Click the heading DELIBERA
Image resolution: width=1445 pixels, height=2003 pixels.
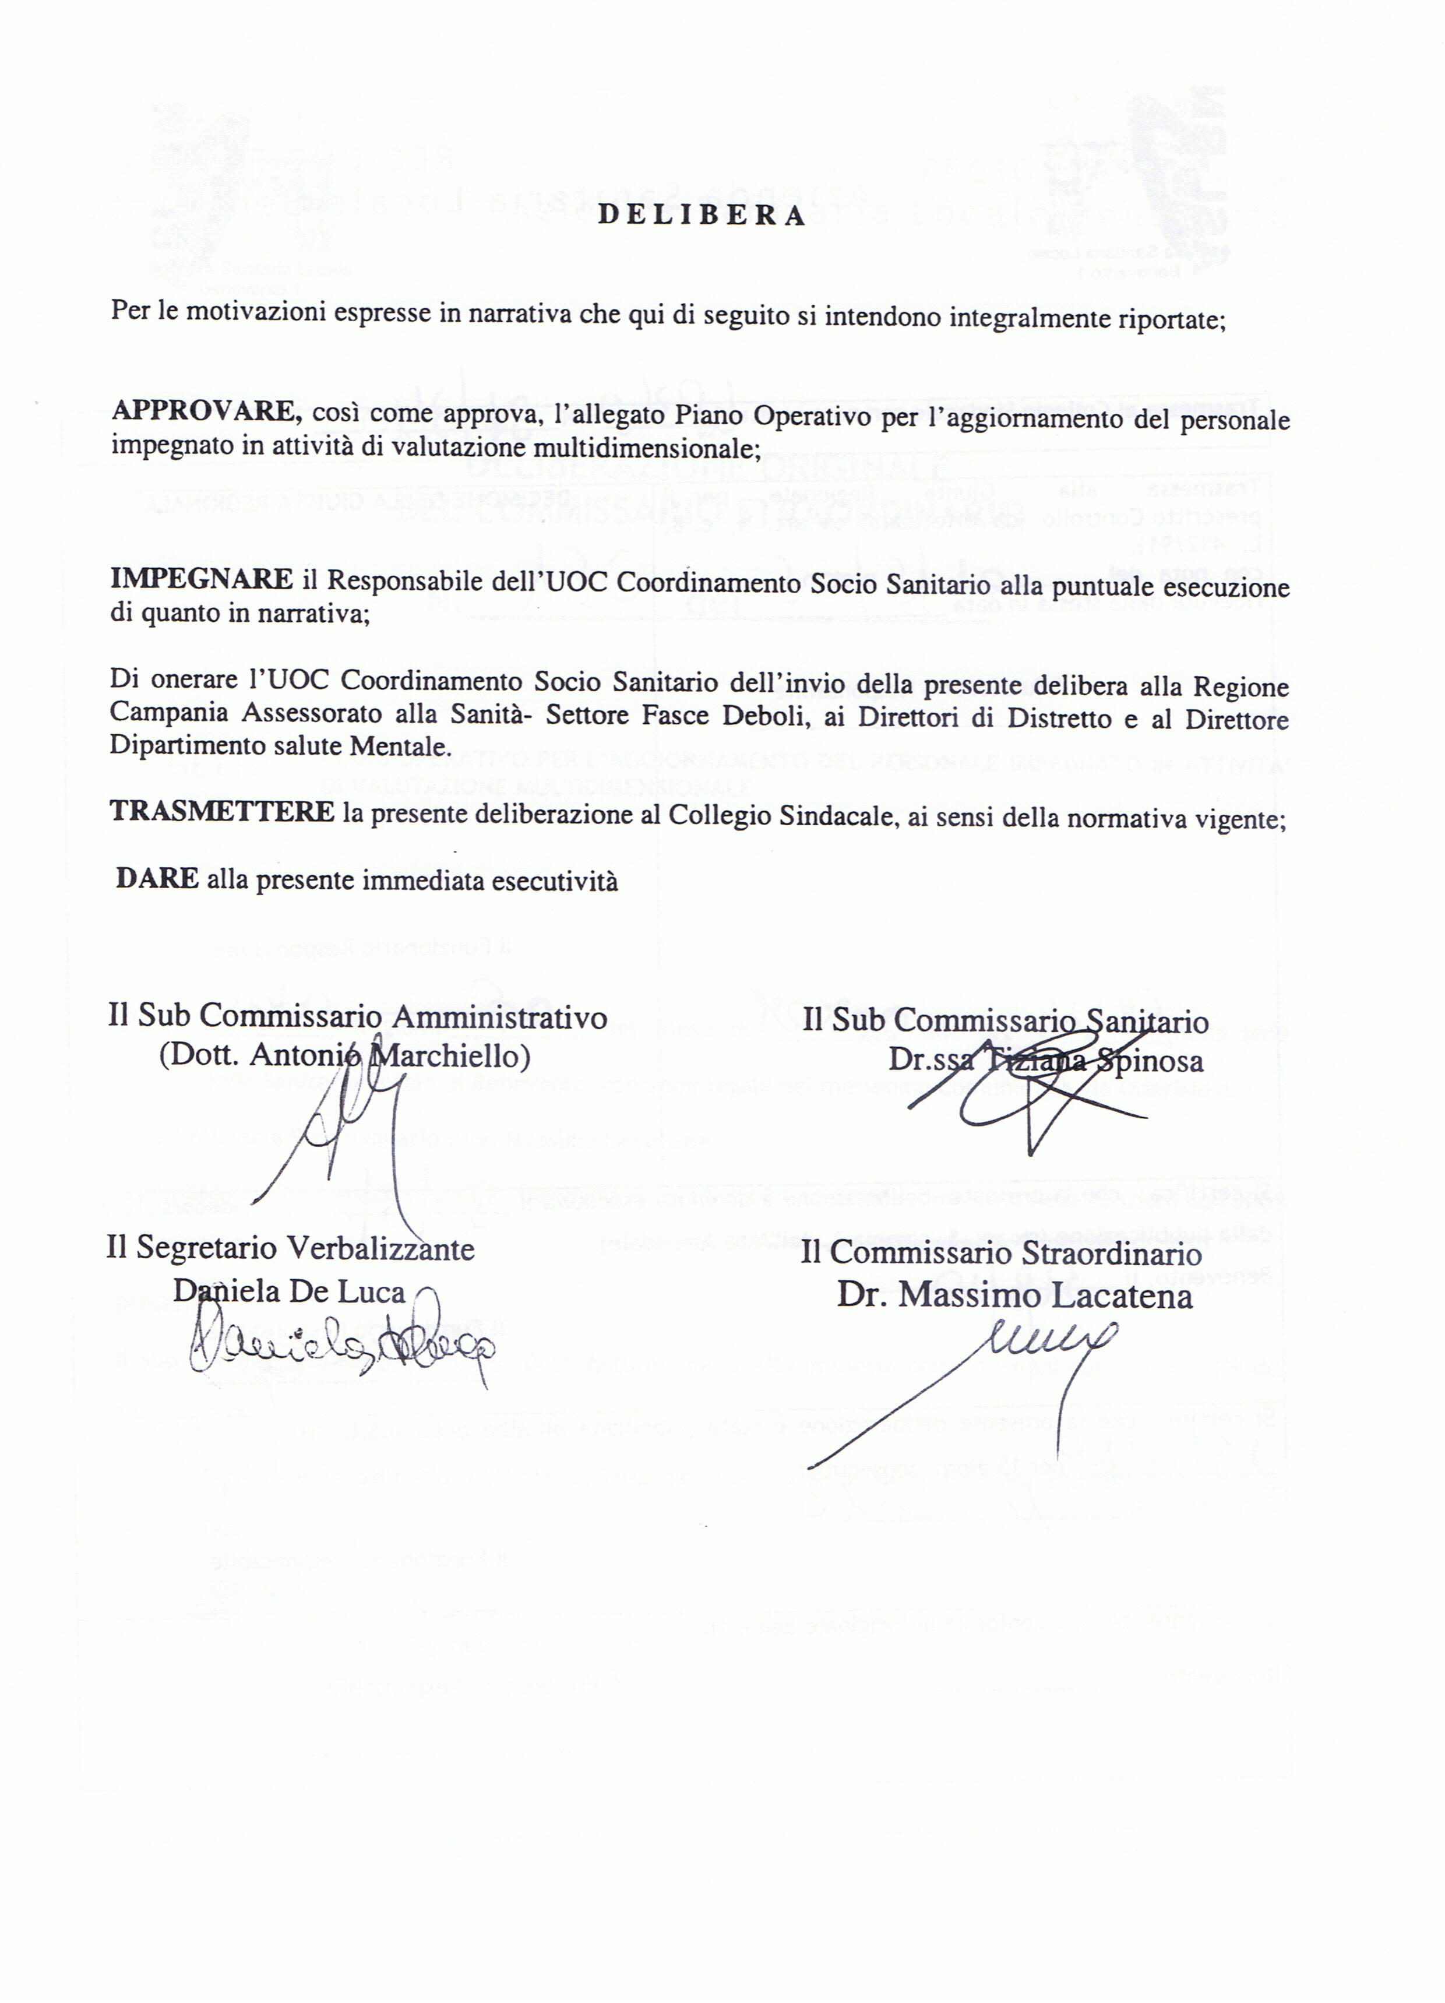point(702,216)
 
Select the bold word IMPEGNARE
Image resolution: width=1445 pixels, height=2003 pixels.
point(202,579)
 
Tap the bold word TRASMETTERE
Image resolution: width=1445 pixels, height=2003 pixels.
point(221,812)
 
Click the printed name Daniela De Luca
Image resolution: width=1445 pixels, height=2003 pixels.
point(289,1291)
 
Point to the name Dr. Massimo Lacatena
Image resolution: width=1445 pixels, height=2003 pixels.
point(1014,1296)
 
